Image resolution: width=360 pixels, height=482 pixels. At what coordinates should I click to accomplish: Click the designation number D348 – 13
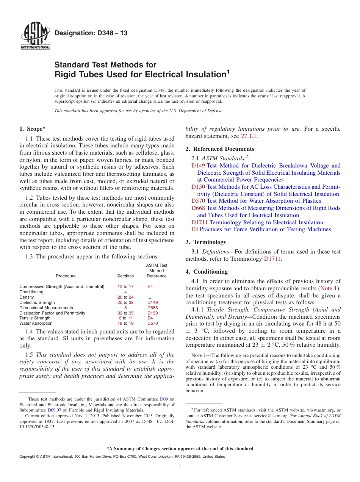click(91, 33)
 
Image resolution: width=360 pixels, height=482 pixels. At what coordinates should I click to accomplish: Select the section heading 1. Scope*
click(33, 129)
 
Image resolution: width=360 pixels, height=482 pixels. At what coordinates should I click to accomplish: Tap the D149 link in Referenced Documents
click(198, 166)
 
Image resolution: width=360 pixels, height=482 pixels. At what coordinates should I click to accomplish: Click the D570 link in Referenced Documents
click(198, 201)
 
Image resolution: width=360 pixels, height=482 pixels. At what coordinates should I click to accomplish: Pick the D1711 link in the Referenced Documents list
click(199, 222)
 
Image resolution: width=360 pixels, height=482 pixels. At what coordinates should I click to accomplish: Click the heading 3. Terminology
click(206, 242)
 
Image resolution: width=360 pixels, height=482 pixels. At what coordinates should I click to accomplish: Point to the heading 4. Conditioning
click(207, 272)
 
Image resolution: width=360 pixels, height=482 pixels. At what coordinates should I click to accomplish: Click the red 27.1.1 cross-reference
click(249, 136)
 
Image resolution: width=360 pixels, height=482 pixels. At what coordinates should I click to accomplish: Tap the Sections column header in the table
click(125, 276)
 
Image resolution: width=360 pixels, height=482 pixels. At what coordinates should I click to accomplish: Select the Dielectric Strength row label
click(37, 302)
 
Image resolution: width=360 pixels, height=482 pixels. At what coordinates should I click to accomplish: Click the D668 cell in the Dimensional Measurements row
click(152, 308)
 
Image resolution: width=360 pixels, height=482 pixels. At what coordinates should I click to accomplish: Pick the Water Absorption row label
click(36, 324)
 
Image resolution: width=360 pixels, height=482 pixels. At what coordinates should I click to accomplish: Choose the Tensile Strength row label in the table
click(35, 318)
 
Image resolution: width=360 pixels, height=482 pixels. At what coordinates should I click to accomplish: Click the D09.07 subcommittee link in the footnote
click(54, 410)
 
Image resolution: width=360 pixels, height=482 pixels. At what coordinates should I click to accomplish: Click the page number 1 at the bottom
click(180, 466)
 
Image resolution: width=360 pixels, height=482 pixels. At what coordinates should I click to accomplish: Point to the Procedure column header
click(66, 276)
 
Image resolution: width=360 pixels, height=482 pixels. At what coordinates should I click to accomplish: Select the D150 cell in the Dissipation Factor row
click(152, 313)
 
